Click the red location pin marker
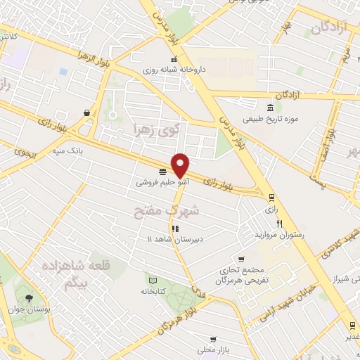click(181, 165)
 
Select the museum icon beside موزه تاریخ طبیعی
click(271, 107)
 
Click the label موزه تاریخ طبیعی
click(271, 119)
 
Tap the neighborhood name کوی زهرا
click(156, 129)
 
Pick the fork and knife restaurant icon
click(279, 224)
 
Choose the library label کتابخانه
click(153, 290)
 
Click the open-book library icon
click(150, 279)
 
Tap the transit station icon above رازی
click(271, 198)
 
